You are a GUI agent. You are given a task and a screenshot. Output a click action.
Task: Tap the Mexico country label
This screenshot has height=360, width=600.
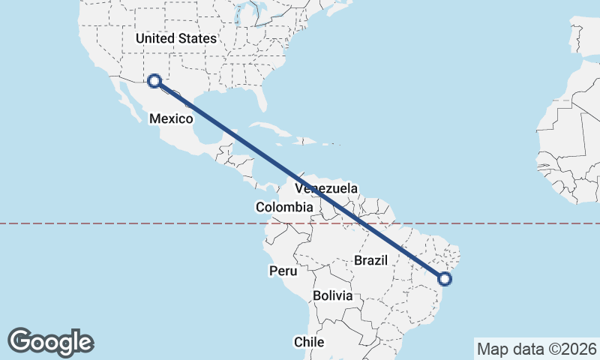[171, 118]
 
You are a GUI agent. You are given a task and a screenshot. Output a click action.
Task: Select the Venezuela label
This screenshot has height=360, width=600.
[326, 189]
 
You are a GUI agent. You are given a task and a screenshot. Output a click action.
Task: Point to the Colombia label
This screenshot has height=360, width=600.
[283, 207]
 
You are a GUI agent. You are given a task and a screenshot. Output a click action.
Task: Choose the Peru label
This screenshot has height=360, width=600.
[283, 271]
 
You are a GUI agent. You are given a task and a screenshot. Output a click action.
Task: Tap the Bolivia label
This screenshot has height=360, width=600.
[332, 295]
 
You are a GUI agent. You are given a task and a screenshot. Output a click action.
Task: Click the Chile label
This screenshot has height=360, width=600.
[308, 342]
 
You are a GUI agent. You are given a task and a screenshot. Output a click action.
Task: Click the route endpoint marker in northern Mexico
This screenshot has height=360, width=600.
[154, 81]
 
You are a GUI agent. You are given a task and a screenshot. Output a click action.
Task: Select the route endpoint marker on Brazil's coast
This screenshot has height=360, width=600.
[445, 279]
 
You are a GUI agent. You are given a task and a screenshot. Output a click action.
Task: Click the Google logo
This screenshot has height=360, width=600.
[50, 341]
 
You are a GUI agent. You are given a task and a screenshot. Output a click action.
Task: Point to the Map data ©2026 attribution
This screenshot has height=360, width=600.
[536, 349]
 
